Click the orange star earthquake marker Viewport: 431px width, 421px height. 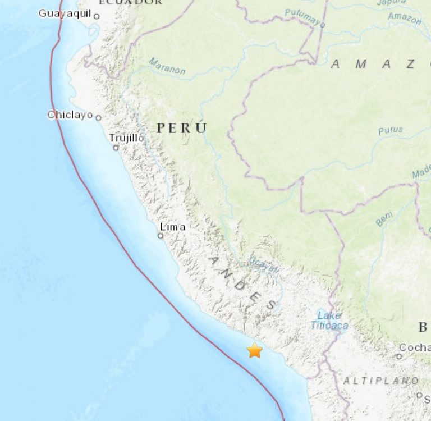255,351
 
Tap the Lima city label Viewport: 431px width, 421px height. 172,227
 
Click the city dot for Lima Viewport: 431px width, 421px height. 160,236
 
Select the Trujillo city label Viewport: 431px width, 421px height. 127,138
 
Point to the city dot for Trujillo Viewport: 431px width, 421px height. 116,148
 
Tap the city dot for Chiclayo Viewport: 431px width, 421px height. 98,117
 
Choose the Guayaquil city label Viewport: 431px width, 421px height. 65,13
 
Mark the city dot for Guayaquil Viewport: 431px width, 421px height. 97,16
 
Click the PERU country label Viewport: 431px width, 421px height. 181,128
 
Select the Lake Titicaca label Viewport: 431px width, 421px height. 329,320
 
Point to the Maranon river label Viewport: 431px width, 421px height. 167,66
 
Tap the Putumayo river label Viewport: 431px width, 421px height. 305,17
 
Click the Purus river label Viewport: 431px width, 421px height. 390,130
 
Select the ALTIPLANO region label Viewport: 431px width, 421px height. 380,381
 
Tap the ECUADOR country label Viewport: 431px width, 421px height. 130,2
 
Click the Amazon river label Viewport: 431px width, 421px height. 404,17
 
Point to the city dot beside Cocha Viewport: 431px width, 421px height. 399,356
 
